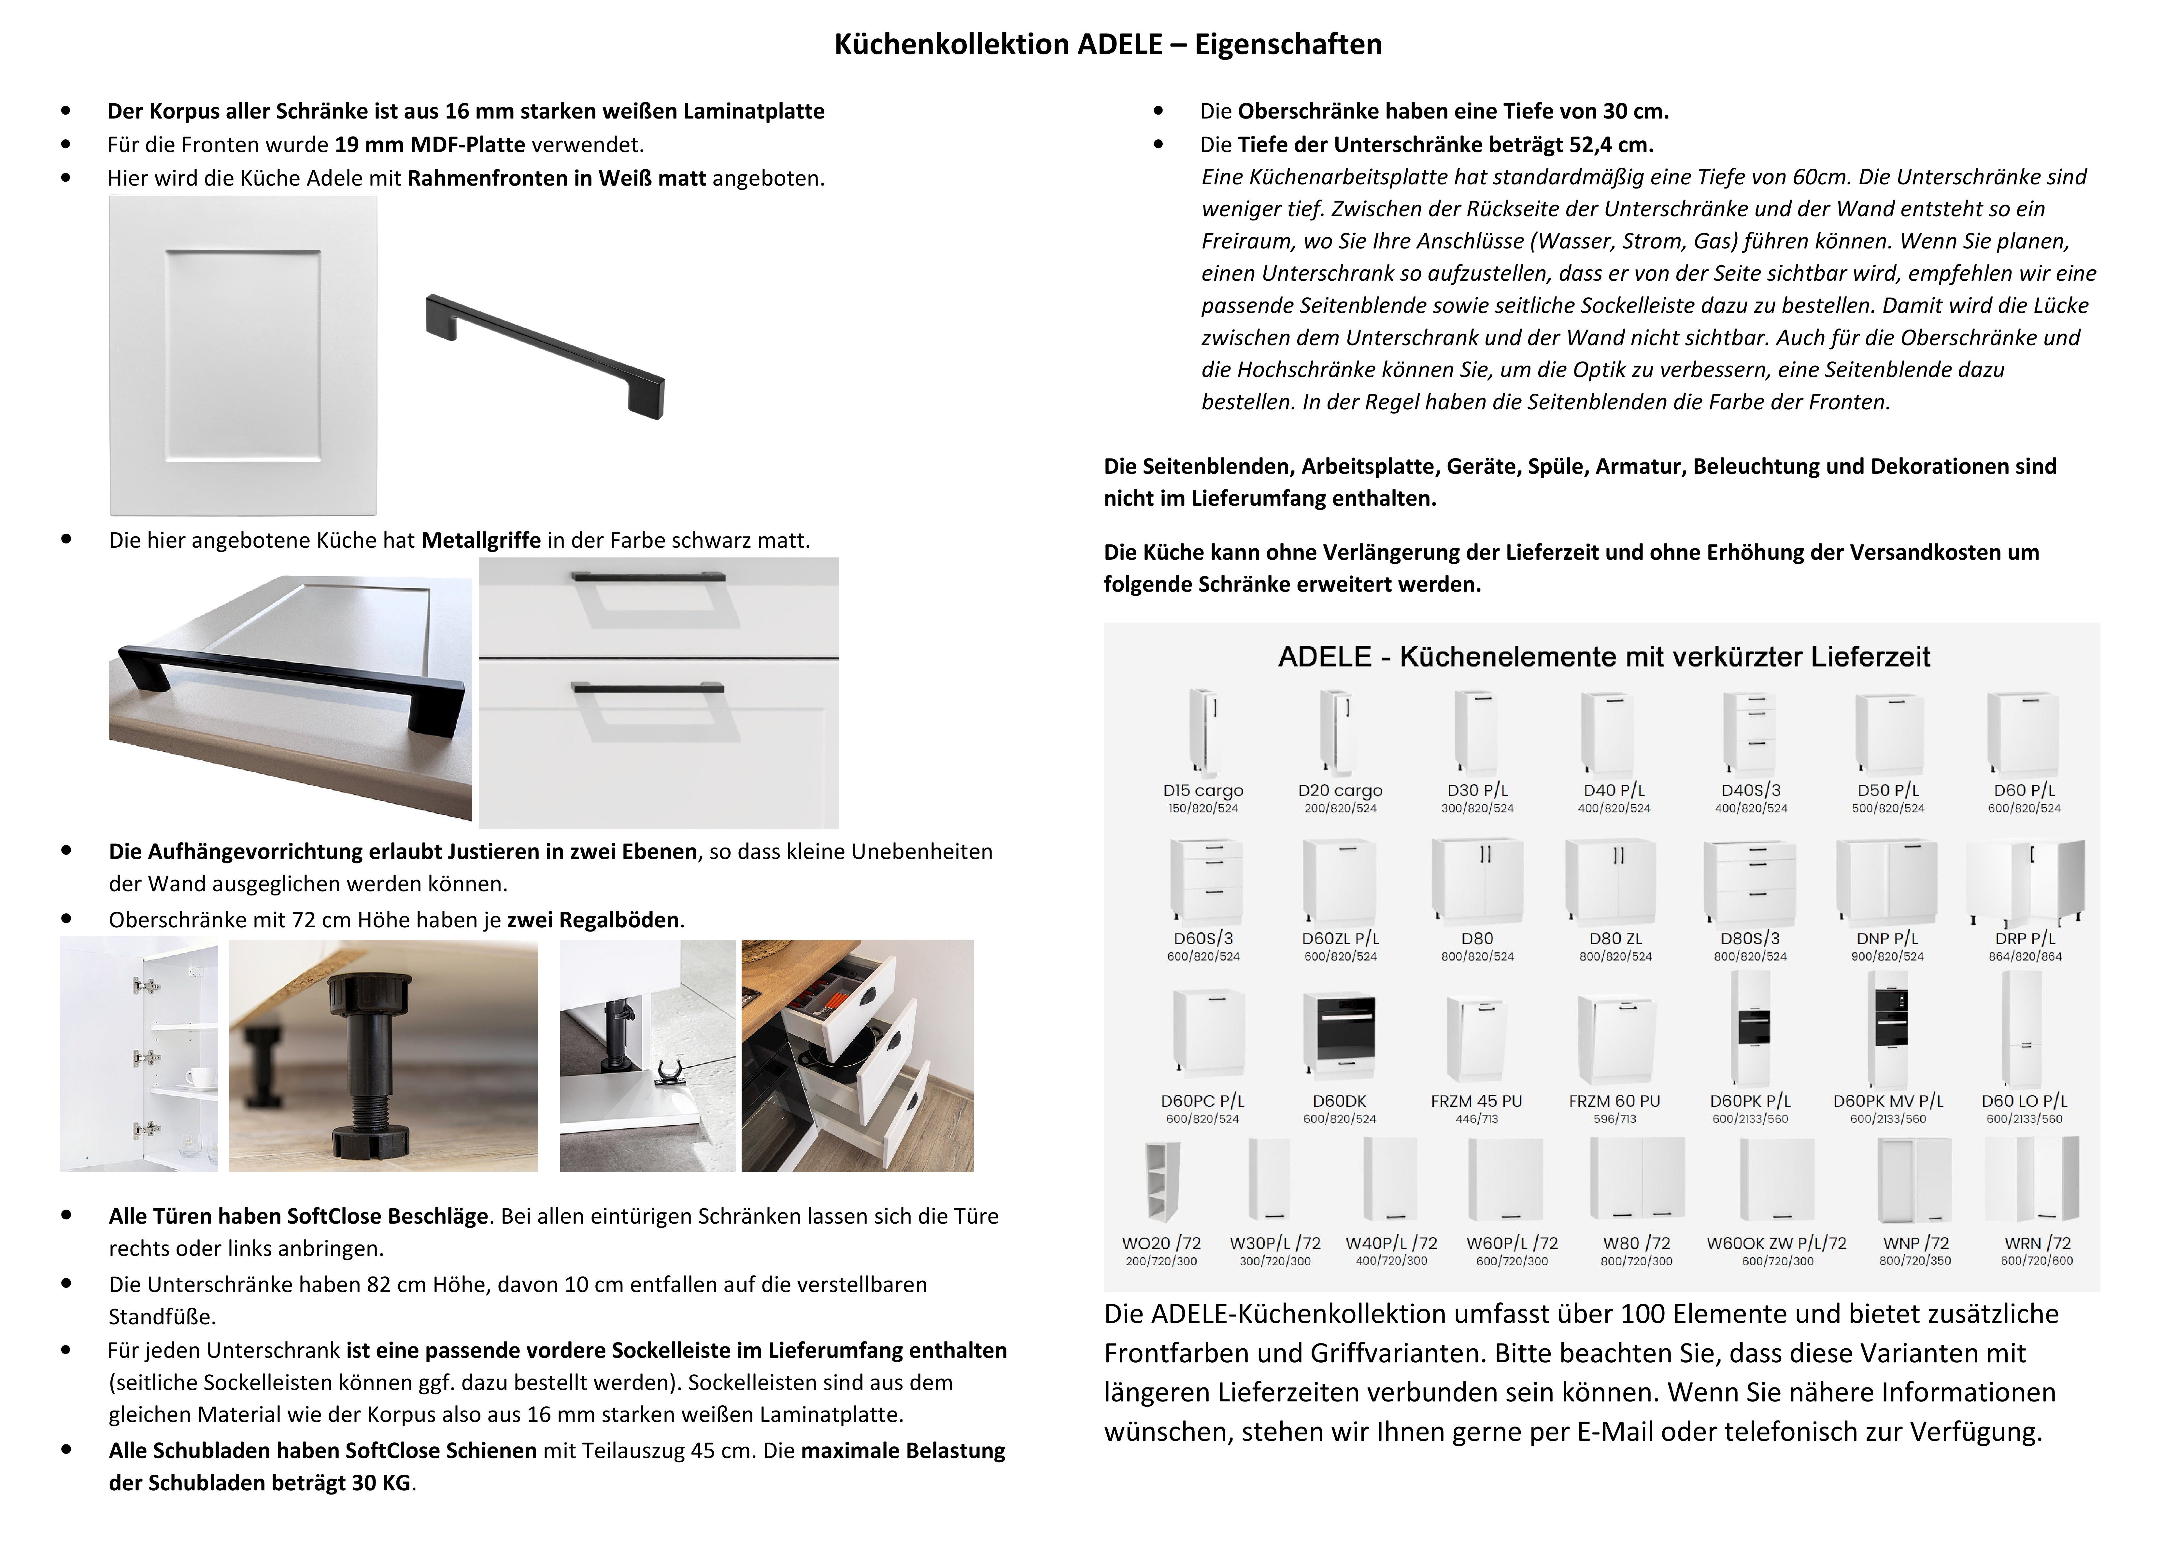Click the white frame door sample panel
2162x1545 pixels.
(244, 356)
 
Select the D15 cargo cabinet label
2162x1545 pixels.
(1203, 791)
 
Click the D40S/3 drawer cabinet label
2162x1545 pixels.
(1751, 791)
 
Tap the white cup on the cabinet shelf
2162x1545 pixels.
(197, 1077)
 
